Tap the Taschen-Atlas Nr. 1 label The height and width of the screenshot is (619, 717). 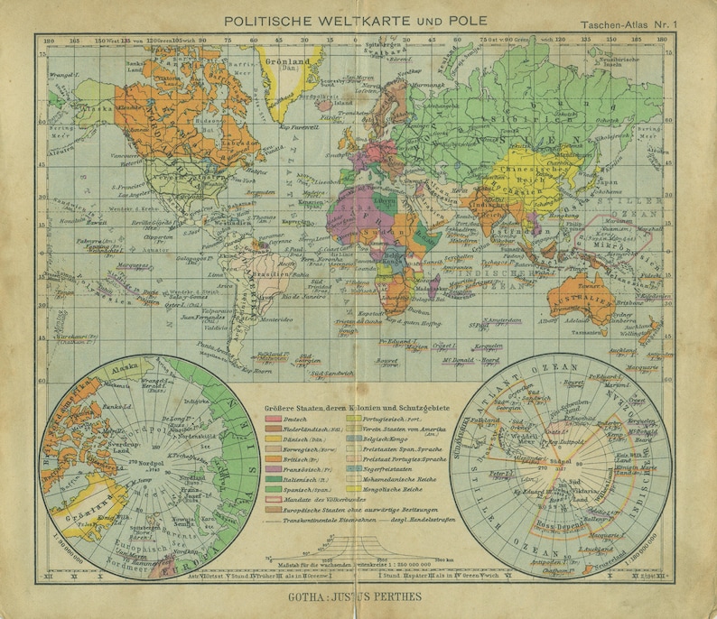coord(647,25)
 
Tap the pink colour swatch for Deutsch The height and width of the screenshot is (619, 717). coord(273,420)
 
